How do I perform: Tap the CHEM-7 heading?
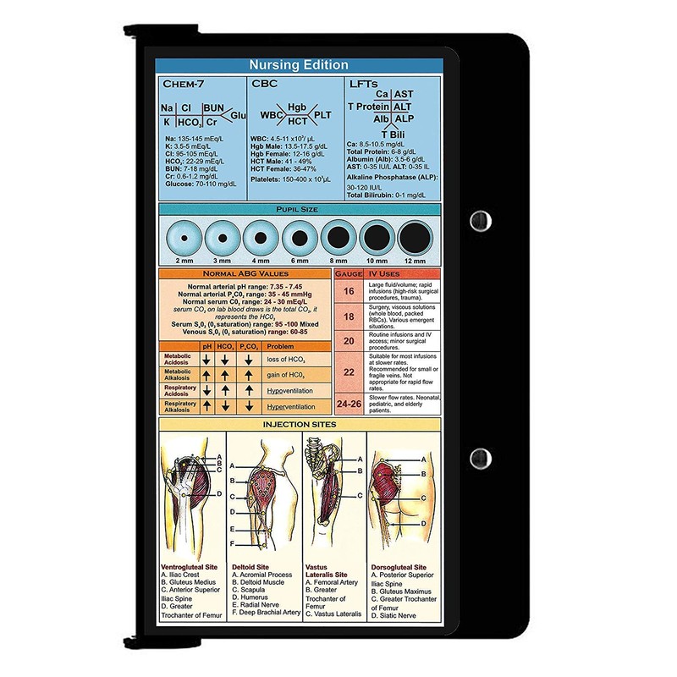coord(185,85)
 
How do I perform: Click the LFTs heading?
coord(363,85)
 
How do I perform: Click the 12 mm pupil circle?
coord(415,237)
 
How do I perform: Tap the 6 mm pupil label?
coord(299,261)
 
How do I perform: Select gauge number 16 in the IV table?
coord(348,292)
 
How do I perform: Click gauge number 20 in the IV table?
coord(348,340)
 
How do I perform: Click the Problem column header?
coord(280,346)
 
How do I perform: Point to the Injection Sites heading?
coord(299,425)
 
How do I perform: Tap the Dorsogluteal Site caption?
coord(399,568)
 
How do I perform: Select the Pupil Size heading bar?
coord(299,208)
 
